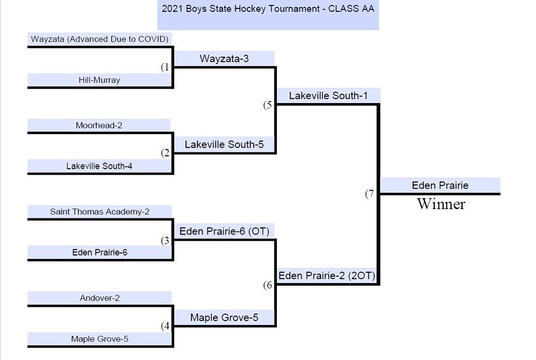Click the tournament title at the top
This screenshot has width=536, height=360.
tap(268, 9)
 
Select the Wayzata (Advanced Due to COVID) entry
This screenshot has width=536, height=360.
tap(100, 39)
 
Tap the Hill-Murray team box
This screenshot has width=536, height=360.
tap(99, 80)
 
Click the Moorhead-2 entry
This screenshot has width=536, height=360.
tap(99, 125)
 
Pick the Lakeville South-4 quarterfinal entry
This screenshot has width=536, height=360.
tap(99, 166)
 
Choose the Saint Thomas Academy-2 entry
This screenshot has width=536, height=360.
tap(100, 212)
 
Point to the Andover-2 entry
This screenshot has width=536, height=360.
tap(100, 298)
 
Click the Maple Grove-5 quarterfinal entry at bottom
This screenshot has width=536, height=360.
tap(100, 339)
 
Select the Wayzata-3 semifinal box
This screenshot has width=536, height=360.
tap(224, 59)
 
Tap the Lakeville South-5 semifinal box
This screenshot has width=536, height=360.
tap(224, 144)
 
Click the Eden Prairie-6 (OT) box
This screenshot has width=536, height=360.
tap(225, 231)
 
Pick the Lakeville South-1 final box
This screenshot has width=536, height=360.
tap(328, 96)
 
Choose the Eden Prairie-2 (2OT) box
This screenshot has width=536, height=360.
tap(327, 276)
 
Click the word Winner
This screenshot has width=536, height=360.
tap(441, 204)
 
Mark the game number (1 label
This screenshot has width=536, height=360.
tap(165, 67)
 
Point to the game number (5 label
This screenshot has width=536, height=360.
tap(268, 105)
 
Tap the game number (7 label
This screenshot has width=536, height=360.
tap(370, 194)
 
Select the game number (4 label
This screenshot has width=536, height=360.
tap(165, 326)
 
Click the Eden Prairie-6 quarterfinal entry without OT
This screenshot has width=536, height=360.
tap(100, 252)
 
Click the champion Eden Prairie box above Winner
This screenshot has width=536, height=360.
tap(440, 185)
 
